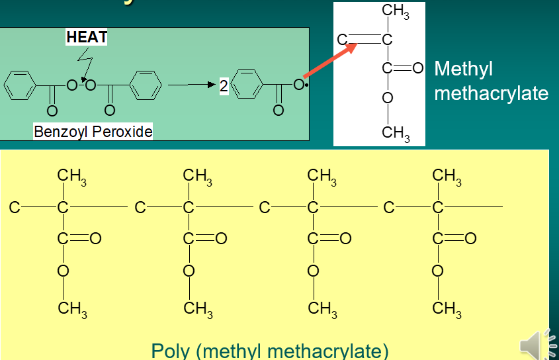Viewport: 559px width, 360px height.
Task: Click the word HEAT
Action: pyautogui.click(x=87, y=38)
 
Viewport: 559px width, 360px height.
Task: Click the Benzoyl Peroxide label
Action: pyautogui.click(x=93, y=132)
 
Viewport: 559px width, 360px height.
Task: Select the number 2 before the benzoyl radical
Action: pyautogui.click(x=224, y=86)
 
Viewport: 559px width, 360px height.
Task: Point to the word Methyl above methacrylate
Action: pyautogui.click(x=464, y=69)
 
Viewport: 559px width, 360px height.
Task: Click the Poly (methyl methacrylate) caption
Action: pyautogui.click(x=270, y=350)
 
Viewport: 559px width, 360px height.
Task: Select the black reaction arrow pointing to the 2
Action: pyautogui.click(x=192, y=85)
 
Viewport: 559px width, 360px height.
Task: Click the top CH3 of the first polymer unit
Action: pyautogui.click(x=71, y=177)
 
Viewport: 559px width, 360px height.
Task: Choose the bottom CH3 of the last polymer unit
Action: pyautogui.click(x=447, y=308)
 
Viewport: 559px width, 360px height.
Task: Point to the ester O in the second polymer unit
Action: pyautogui.click(x=189, y=270)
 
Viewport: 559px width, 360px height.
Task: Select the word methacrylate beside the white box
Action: pyautogui.click(x=491, y=93)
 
